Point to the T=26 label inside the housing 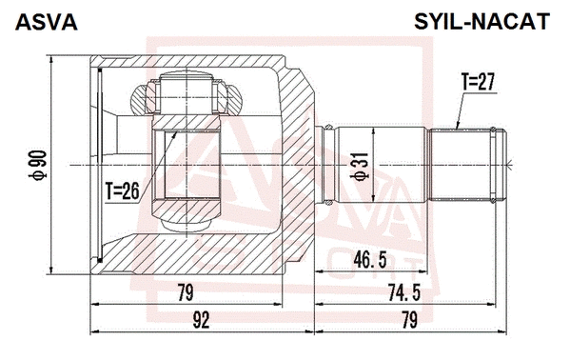123,190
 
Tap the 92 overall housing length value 200,321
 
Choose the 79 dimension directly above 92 186,293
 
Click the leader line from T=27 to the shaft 460,111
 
